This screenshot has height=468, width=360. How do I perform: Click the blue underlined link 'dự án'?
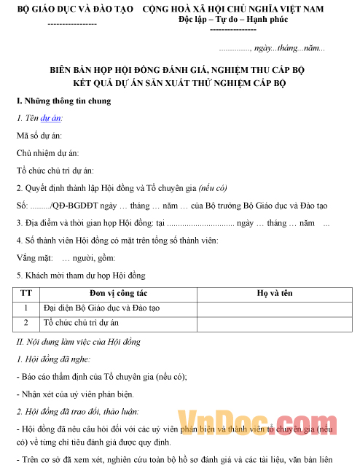point(50,118)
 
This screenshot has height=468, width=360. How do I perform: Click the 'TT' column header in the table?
point(27,293)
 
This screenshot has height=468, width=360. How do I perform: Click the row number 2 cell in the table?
point(27,322)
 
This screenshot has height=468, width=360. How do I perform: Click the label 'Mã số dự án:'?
point(39,136)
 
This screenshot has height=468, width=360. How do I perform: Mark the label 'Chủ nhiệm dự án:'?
point(48,153)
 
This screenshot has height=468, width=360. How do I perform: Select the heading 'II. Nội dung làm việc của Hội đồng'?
point(78,341)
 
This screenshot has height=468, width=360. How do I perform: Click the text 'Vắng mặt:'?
point(33,258)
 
